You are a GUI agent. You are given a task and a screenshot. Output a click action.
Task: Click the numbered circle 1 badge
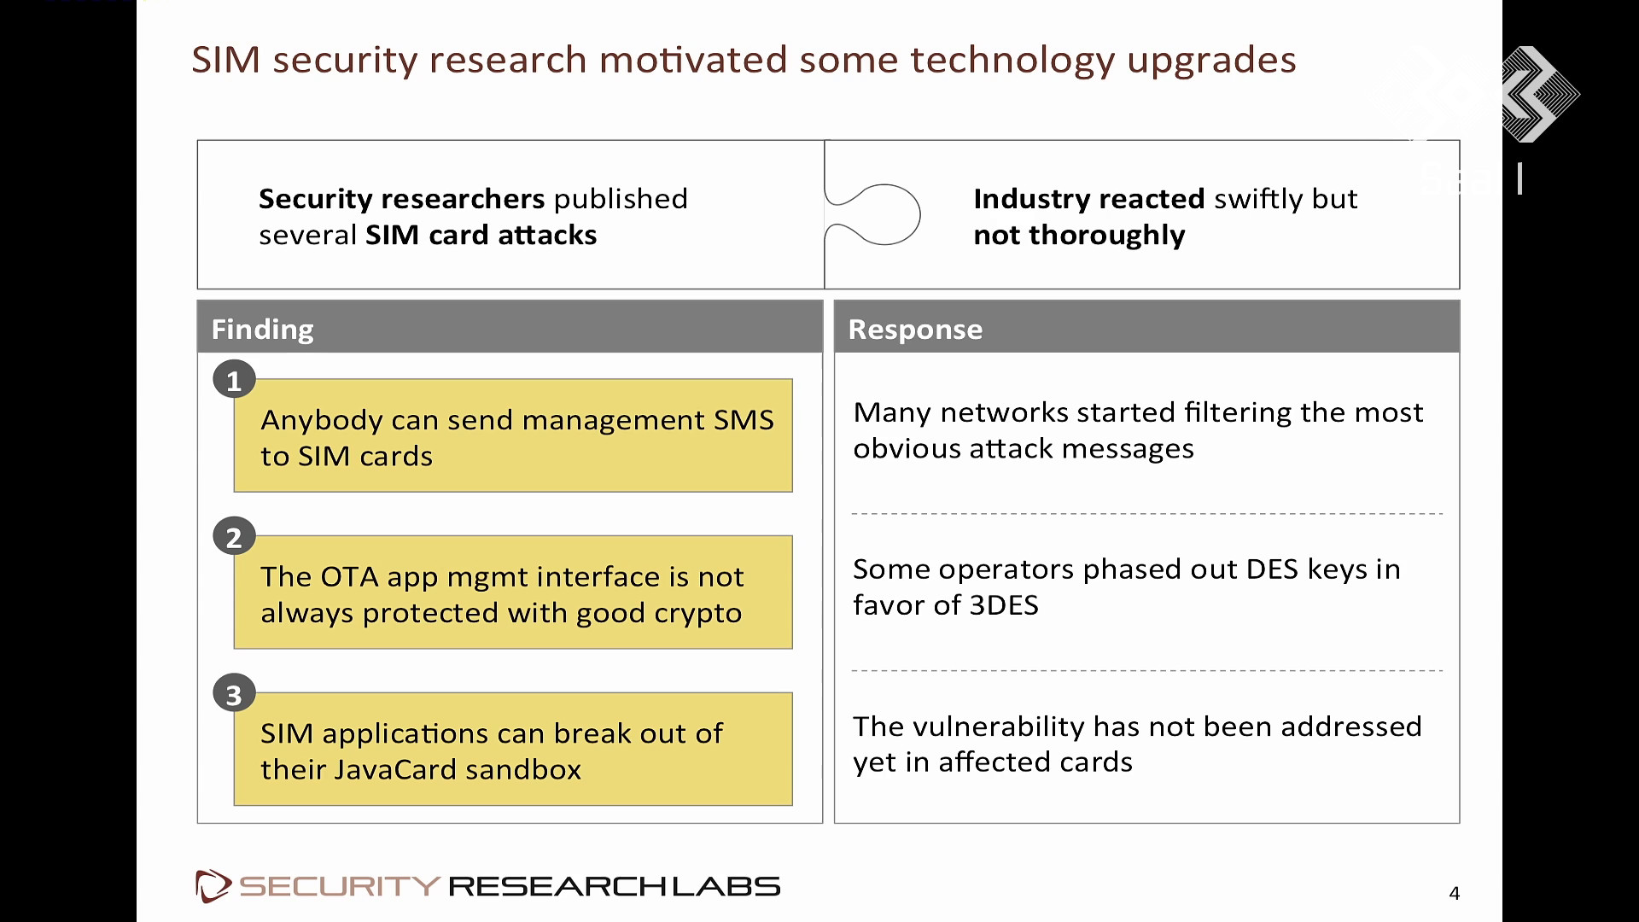tap(234, 380)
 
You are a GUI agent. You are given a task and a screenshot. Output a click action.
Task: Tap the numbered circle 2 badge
tap(234, 537)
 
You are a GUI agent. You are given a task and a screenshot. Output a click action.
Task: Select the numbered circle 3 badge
tap(234, 694)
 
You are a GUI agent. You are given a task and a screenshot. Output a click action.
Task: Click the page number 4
tap(1455, 893)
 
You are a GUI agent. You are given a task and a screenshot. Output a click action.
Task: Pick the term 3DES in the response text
tap(1004, 605)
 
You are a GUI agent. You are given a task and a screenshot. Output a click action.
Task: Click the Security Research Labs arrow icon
tap(213, 886)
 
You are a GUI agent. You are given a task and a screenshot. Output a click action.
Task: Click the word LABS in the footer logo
tap(726, 887)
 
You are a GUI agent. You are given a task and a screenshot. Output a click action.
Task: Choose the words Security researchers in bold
tap(402, 199)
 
